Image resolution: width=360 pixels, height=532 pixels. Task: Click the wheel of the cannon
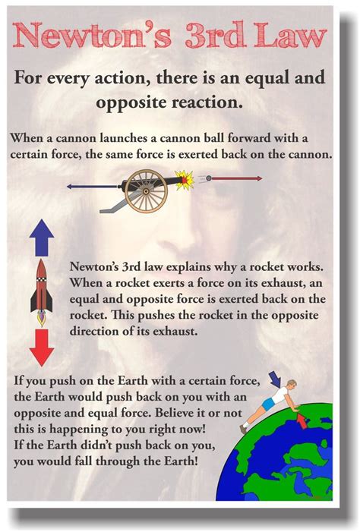point(146,188)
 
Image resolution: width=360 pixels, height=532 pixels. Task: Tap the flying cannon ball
point(200,179)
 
